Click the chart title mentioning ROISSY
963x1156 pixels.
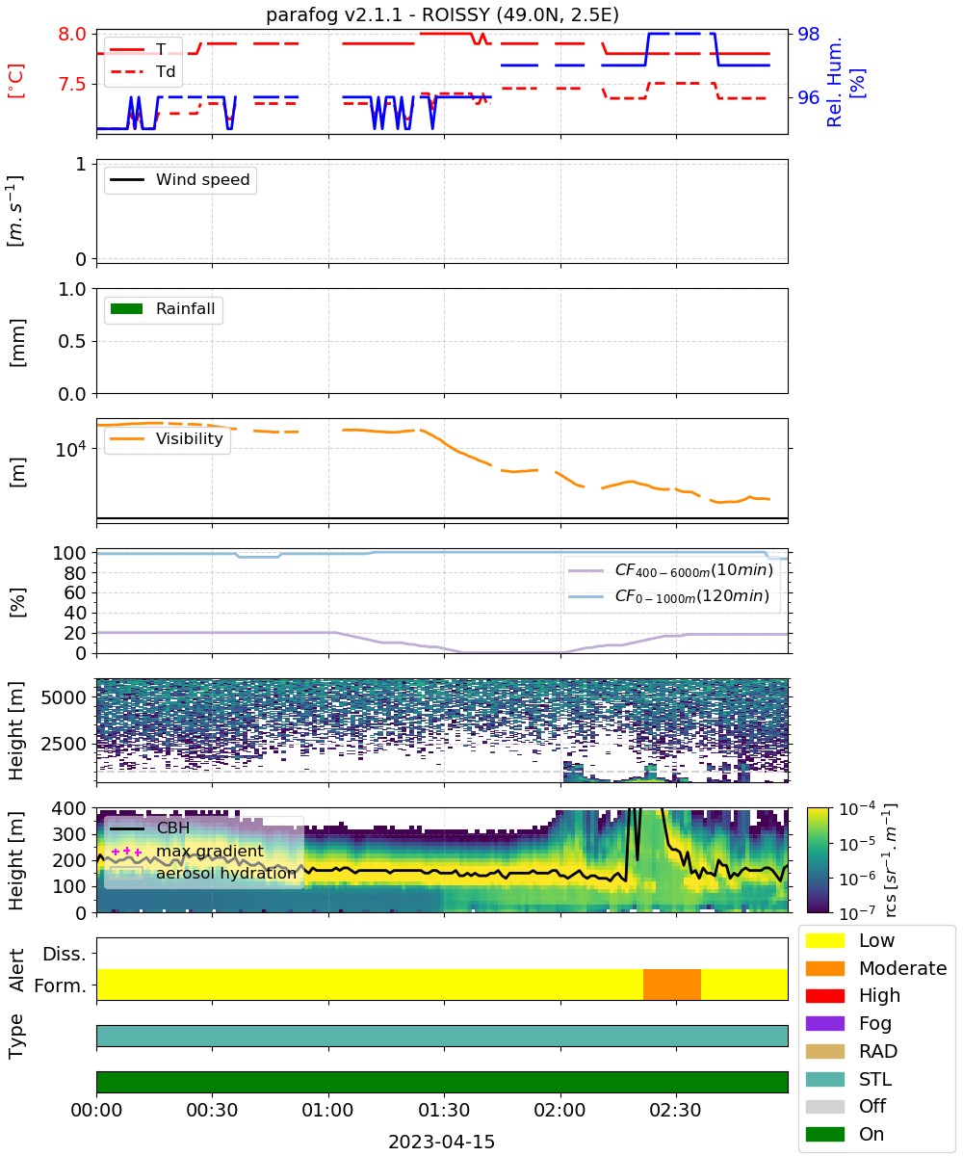coord(442,13)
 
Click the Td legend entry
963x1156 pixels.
coord(143,71)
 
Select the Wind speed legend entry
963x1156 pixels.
coord(180,179)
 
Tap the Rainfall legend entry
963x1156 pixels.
coord(163,308)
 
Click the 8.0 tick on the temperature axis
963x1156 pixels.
coord(72,34)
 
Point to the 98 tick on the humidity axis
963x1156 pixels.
coord(808,34)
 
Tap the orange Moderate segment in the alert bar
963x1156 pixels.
coord(671,985)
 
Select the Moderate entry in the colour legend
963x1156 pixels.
coord(875,968)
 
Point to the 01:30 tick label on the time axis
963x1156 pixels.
coord(444,1110)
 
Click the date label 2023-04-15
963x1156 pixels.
coord(441,1142)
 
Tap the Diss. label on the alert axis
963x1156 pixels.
coord(65,954)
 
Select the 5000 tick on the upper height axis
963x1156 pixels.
coord(64,697)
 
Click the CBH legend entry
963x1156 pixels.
coord(149,828)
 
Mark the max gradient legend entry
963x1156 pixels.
coord(187,851)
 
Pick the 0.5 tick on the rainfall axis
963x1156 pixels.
coord(72,341)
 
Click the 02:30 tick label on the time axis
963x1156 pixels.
coord(675,1110)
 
